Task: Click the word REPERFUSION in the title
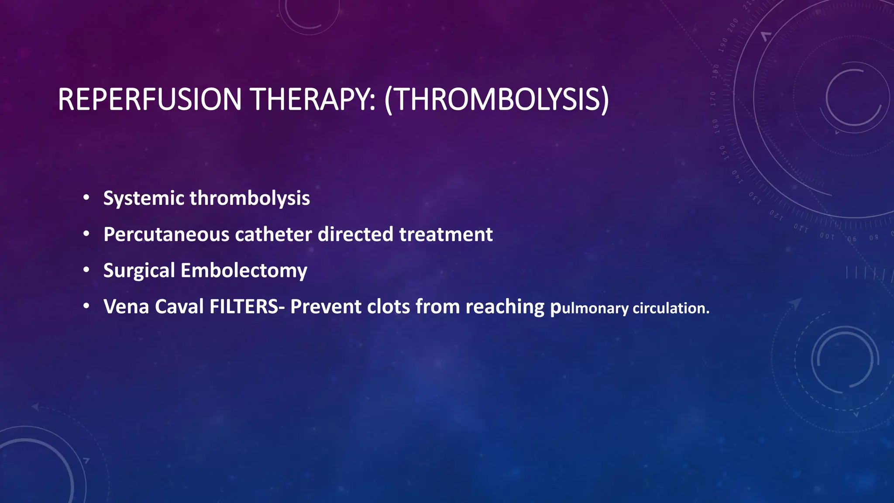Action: click(x=150, y=100)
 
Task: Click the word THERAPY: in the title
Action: click(x=313, y=100)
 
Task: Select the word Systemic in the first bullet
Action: click(x=144, y=199)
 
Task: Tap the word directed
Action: click(x=355, y=235)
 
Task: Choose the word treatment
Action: click(x=446, y=235)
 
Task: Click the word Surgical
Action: click(x=139, y=271)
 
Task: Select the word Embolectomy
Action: click(x=244, y=271)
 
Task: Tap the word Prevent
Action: click(x=326, y=307)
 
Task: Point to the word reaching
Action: click(x=505, y=307)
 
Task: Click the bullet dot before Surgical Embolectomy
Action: click(x=86, y=270)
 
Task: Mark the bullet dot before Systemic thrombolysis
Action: click(x=86, y=198)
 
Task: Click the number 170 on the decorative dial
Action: click(x=713, y=99)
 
